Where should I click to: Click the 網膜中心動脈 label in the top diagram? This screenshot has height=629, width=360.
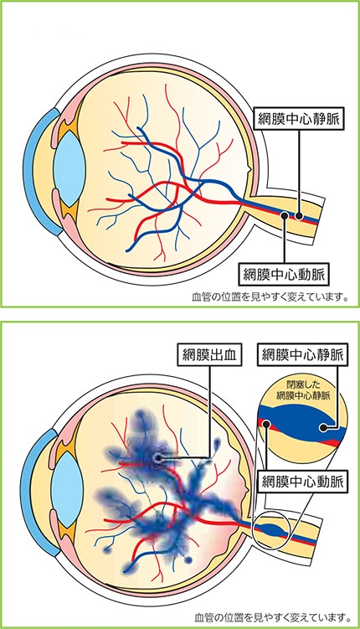[x=284, y=273]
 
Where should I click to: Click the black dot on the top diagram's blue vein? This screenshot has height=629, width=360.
[x=299, y=216]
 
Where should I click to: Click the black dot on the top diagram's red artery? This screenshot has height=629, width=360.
[x=285, y=215]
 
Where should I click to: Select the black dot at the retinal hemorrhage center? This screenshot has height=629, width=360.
[x=157, y=457]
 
